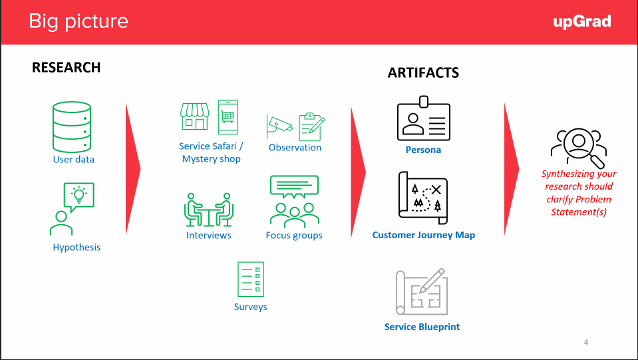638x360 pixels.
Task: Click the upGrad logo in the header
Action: click(x=582, y=21)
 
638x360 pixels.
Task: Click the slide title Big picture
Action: click(x=79, y=21)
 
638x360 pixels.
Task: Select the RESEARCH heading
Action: click(x=67, y=67)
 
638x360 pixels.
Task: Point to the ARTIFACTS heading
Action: click(x=423, y=73)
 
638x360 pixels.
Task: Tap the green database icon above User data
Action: click(x=72, y=127)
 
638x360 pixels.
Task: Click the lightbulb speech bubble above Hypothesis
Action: click(x=79, y=197)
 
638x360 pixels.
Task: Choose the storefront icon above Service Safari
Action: click(x=194, y=116)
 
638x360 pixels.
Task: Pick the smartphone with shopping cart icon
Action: click(x=228, y=116)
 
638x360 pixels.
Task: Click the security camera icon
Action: click(x=279, y=125)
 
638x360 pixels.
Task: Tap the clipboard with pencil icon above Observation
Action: click(x=311, y=127)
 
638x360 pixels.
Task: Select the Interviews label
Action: click(x=209, y=235)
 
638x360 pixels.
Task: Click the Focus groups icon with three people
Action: click(x=295, y=202)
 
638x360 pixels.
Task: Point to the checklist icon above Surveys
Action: click(x=251, y=279)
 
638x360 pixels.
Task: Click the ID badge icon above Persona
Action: click(x=424, y=118)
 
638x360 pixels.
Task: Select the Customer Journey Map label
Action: click(x=424, y=235)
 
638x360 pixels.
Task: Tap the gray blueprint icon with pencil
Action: click(x=422, y=291)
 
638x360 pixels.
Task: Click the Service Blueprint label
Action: click(x=422, y=327)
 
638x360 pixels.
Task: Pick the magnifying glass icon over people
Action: click(x=579, y=147)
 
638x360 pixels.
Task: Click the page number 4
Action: click(x=586, y=343)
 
